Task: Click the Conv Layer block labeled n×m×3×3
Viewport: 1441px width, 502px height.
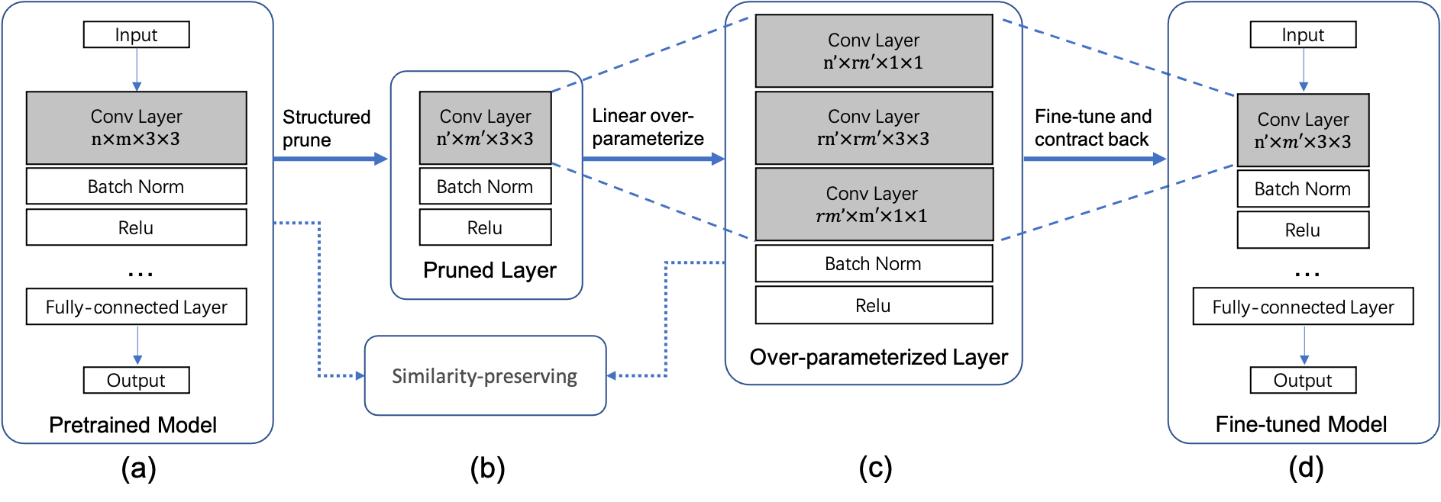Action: pyautogui.click(x=136, y=127)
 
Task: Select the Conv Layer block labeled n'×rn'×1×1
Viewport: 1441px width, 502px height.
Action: pyautogui.click(x=874, y=50)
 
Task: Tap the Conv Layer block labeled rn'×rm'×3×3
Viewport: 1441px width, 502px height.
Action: pyautogui.click(x=874, y=127)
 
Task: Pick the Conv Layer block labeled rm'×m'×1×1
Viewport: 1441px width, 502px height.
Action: pyautogui.click(x=874, y=204)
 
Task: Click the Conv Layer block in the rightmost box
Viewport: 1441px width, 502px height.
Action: pyautogui.click(x=1302, y=130)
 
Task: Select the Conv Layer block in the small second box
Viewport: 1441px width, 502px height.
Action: pyautogui.click(x=485, y=127)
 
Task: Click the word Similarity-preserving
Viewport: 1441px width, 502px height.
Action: pyautogui.click(x=484, y=376)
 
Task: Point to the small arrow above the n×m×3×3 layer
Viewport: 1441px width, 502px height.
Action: pyautogui.click(x=137, y=70)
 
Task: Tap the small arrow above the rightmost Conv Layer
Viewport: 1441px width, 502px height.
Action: pyautogui.click(x=1304, y=70)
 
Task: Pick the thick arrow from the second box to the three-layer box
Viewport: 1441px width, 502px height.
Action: pyautogui.click(x=653, y=159)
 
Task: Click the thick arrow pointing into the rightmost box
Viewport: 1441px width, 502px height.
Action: pyautogui.click(x=1094, y=159)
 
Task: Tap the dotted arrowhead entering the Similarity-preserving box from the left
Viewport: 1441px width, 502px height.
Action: pyautogui.click(x=360, y=375)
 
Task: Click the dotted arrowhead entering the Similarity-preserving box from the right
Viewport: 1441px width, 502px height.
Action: pyautogui.click(x=612, y=375)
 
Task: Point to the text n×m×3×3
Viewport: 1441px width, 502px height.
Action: pyautogui.click(x=136, y=139)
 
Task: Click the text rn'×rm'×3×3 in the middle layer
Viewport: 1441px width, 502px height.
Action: pyautogui.click(x=873, y=139)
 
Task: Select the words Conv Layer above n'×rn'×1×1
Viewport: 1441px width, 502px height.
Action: pyautogui.click(x=874, y=40)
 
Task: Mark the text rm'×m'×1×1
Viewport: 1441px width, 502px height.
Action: pyautogui.click(x=871, y=216)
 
